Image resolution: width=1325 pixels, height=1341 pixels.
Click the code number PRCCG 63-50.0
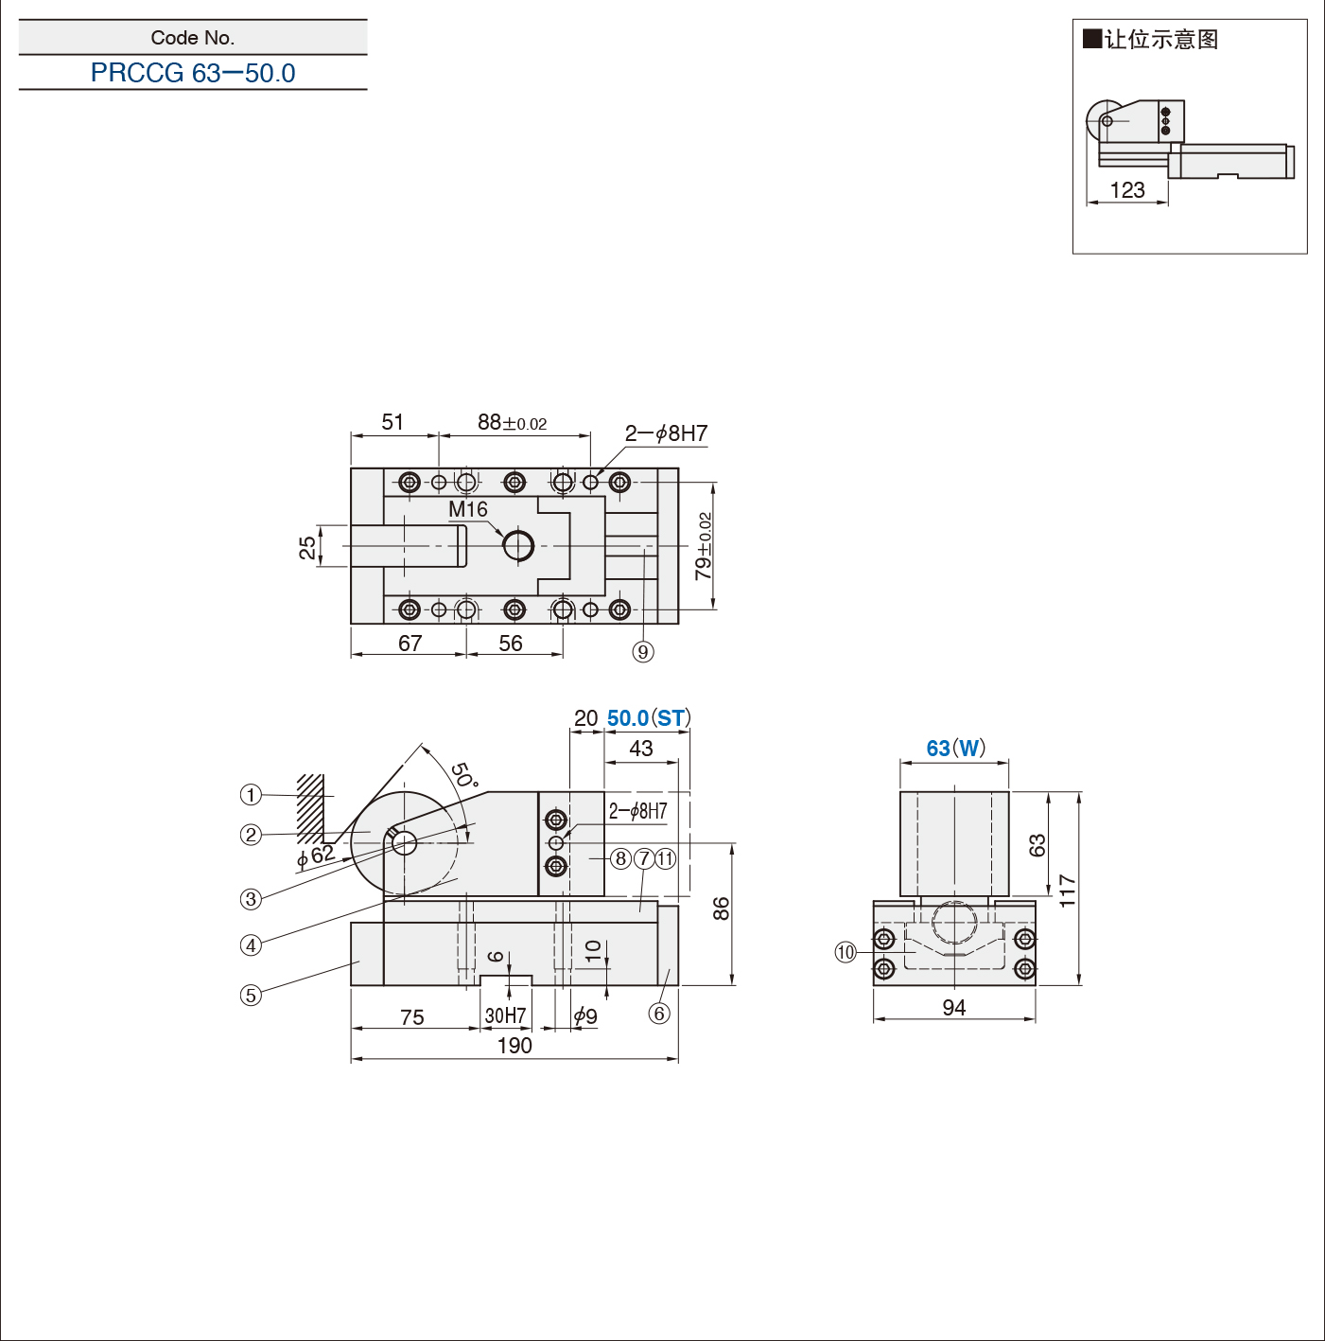[x=193, y=73]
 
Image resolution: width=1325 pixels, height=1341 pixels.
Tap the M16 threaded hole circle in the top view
[x=518, y=546]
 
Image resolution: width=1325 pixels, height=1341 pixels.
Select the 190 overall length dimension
[x=514, y=1045]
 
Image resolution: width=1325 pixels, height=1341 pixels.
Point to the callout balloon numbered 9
[x=643, y=652]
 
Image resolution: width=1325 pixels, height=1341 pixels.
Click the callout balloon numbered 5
[x=251, y=996]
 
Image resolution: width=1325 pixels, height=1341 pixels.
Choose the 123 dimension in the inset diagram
[x=1127, y=190]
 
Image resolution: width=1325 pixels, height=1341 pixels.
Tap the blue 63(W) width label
[x=955, y=748]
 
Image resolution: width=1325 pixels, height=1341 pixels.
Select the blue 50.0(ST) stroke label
[x=649, y=718]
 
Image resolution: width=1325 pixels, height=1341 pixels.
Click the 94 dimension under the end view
[x=953, y=1007]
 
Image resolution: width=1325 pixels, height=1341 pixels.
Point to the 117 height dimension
[x=1067, y=891]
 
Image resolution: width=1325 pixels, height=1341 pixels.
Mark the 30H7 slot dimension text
[x=506, y=1016]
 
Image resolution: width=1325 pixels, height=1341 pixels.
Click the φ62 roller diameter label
[x=316, y=855]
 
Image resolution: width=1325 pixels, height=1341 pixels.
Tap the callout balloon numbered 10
[x=846, y=952]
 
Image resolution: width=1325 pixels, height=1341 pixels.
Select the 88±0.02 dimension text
[x=512, y=422]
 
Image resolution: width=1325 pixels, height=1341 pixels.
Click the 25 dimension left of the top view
[x=306, y=548]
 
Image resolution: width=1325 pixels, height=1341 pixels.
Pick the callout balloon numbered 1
[x=251, y=795]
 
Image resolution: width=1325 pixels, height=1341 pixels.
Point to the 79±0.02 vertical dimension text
[x=704, y=546]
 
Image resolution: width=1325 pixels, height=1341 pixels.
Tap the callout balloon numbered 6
[x=659, y=1014]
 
